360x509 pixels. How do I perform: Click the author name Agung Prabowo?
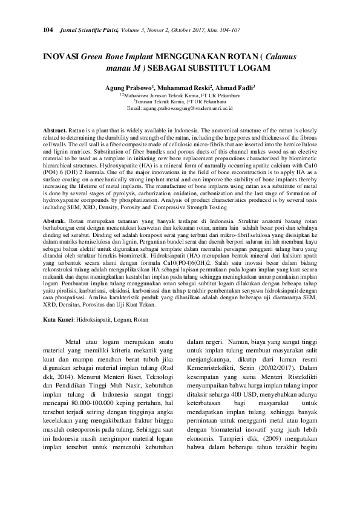tap(128, 87)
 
